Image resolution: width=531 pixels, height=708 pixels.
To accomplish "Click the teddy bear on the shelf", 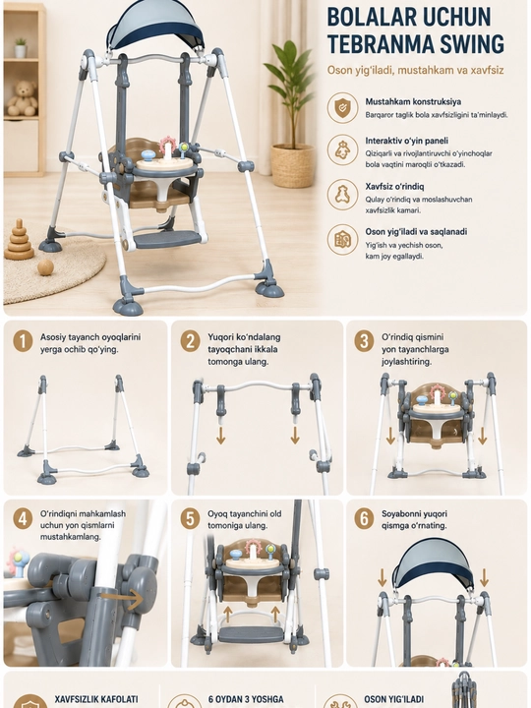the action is [x=22, y=98].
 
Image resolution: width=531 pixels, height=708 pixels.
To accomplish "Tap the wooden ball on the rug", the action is [x=45, y=267].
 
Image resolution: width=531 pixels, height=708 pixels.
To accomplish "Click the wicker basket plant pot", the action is [x=293, y=165].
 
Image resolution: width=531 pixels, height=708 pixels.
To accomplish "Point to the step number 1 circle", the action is [x=23, y=341].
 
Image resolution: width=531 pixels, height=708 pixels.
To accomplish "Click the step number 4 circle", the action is [x=23, y=518].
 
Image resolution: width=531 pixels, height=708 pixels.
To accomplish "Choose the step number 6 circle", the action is [x=364, y=518].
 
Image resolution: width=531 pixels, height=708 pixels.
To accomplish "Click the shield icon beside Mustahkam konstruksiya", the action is [x=343, y=108].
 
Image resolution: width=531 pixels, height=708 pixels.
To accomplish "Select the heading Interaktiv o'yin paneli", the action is [x=407, y=141].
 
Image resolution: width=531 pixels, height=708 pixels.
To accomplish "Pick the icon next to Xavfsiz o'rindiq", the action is [x=343, y=195].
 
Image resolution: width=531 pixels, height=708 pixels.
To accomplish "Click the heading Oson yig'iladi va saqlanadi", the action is [x=416, y=232].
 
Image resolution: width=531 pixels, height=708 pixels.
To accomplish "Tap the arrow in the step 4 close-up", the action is [x=122, y=599].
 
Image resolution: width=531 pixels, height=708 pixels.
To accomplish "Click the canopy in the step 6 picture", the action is [x=432, y=565].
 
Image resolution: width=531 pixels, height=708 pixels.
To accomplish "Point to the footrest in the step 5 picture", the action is [x=251, y=634].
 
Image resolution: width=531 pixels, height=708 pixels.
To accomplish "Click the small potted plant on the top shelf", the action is [x=21, y=48].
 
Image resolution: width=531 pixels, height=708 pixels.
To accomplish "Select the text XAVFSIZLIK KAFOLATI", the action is [x=96, y=699].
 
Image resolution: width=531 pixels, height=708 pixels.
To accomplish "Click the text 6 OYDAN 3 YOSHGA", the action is [x=246, y=699].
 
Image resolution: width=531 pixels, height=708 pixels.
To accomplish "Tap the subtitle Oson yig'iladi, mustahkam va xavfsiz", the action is [x=415, y=71].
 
